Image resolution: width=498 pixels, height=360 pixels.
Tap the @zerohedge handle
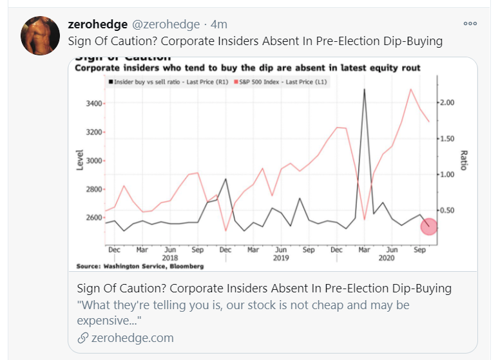[166, 24]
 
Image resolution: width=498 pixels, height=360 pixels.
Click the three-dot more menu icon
[470, 24]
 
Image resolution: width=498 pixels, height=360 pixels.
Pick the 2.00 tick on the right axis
[447, 103]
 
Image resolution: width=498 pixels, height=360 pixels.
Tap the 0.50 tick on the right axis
[447, 211]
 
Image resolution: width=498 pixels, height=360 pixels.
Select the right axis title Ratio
[463, 160]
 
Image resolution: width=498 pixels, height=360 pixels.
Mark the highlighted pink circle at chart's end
[429, 227]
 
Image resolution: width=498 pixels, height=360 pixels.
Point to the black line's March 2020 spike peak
[364, 90]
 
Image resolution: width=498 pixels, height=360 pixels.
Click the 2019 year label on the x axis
[281, 258]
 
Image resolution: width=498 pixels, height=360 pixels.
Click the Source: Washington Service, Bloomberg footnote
[140, 266]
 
